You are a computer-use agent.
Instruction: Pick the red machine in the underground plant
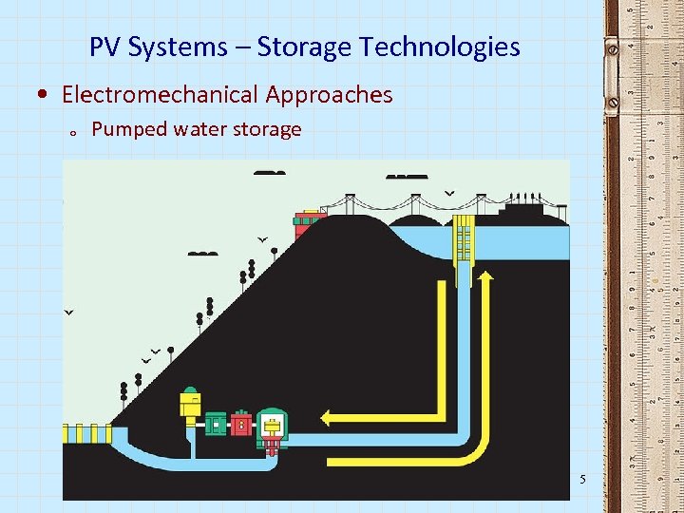pyautogui.click(x=241, y=422)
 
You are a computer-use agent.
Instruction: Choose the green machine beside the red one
pyautogui.click(x=217, y=422)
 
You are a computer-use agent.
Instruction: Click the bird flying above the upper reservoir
pyautogui.click(x=449, y=193)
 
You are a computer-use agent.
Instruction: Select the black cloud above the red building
pyautogui.click(x=270, y=173)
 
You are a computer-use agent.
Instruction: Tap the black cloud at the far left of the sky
pyautogui.click(x=202, y=254)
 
